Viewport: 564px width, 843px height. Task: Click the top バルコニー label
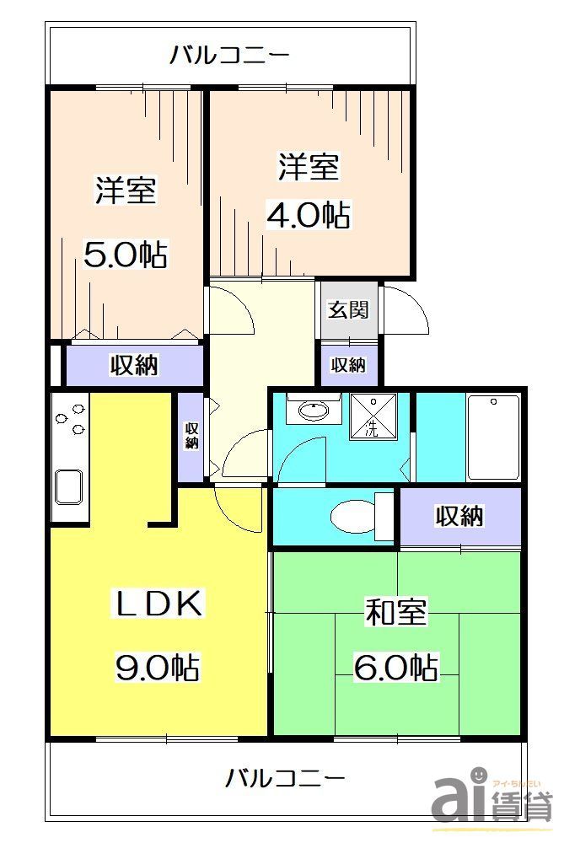[229, 56]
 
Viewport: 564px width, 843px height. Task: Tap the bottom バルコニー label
[285, 776]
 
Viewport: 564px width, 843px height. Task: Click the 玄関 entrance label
[348, 309]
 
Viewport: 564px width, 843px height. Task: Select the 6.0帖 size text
[395, 668]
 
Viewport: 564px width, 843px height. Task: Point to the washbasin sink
[313, 411]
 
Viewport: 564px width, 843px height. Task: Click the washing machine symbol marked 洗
[371, 416]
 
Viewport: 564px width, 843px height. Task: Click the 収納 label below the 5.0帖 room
[134, 366]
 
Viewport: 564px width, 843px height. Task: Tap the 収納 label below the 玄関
[348, 365]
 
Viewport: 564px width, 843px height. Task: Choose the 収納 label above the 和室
[459, 516]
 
